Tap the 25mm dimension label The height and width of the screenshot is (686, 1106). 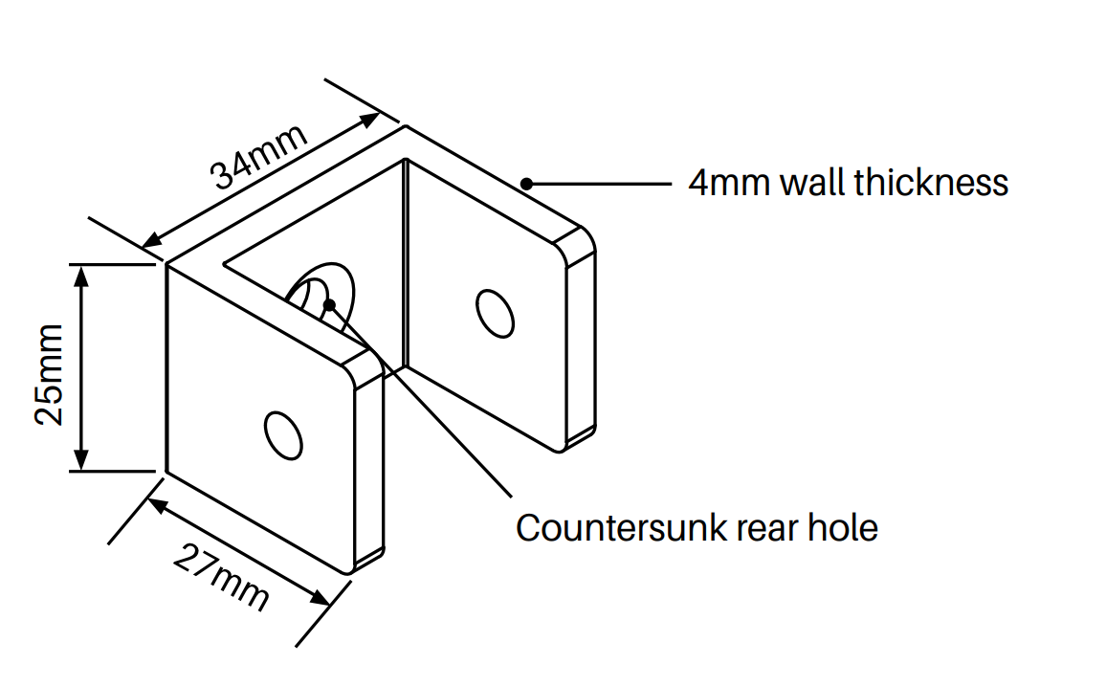[48, 372]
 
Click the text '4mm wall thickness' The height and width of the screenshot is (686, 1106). [848, 182]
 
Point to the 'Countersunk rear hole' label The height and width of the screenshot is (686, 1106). [697, 527]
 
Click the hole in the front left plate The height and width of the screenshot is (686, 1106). [284, 435]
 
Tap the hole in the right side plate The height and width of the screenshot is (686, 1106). [495, 312]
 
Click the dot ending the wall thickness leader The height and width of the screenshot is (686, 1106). [526, 183]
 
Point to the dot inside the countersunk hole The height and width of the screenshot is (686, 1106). [330, 304]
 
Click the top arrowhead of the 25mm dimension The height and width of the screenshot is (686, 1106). [81, 274]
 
